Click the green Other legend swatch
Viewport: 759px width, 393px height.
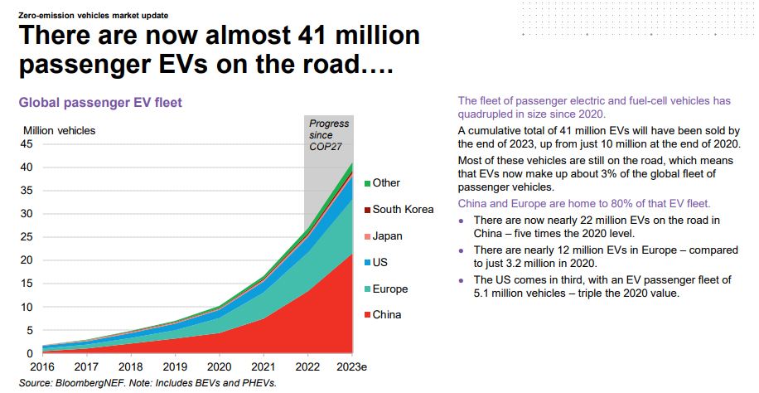pos(365,183)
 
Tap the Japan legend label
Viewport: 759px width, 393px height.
pos(387,235)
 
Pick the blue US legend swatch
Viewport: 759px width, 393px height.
pos(365,263)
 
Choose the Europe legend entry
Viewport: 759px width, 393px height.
pos(390,289)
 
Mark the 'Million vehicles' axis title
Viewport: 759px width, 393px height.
pos(59,130)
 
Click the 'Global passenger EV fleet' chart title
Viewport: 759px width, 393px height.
pos(100,103)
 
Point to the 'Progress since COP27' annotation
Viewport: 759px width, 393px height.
pos(328,135)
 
